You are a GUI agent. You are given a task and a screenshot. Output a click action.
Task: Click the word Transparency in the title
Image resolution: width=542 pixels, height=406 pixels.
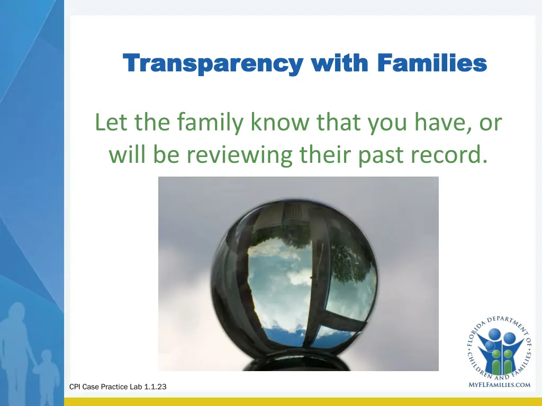click(x=212, y=64)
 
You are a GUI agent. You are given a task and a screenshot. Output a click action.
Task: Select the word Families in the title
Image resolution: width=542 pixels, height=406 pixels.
click(x=432, y=63)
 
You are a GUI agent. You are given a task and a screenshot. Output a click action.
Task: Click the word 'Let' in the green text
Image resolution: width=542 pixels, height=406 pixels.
click(x=110, y=123)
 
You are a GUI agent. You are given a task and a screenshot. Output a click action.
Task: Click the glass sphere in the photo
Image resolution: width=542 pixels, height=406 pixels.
click(x=297, y=281)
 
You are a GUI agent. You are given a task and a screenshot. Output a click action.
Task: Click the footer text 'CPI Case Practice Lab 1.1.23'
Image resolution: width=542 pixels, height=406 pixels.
click(x=118, y=387)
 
